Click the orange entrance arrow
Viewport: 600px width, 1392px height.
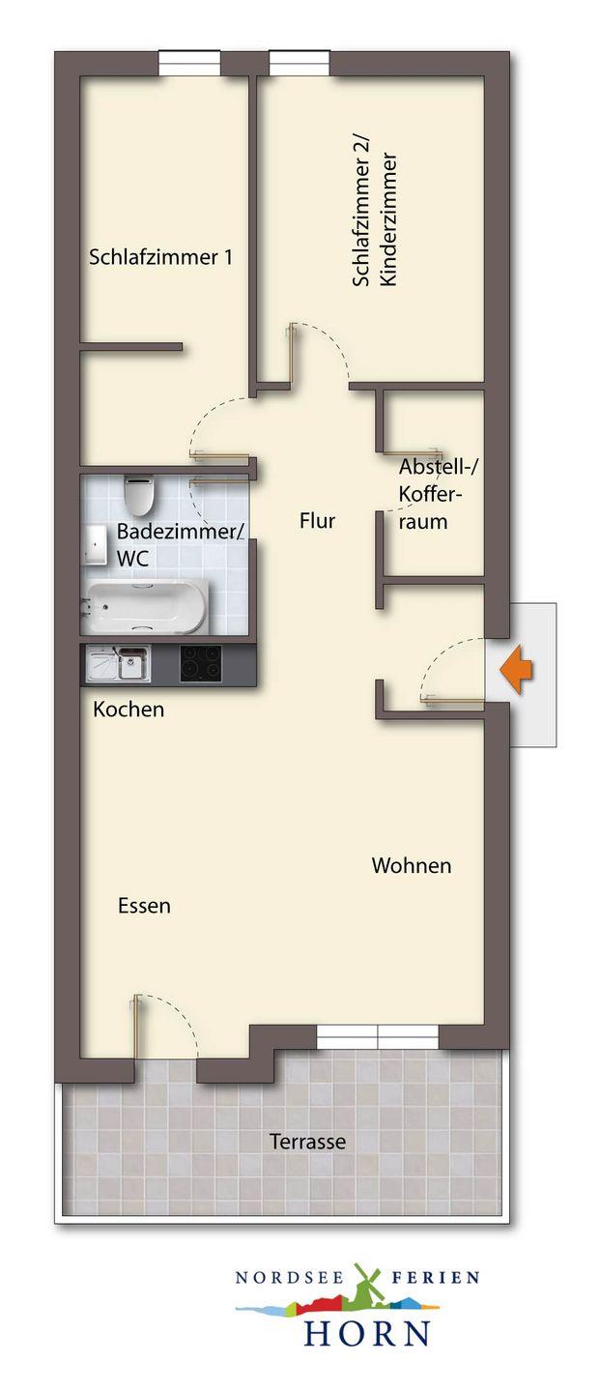516,669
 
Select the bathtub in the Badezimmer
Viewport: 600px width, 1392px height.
145,607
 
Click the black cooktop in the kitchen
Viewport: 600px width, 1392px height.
200,663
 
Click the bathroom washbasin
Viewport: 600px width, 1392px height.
94,545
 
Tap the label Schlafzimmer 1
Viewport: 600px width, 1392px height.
160,257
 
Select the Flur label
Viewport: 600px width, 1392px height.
317,521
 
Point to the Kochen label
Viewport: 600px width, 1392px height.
129,710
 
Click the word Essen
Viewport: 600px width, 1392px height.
144,906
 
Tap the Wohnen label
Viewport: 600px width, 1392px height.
412,865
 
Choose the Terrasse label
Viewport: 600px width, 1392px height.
307,1141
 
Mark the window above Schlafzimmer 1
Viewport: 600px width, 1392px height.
189,63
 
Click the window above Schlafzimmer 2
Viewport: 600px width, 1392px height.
299,63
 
